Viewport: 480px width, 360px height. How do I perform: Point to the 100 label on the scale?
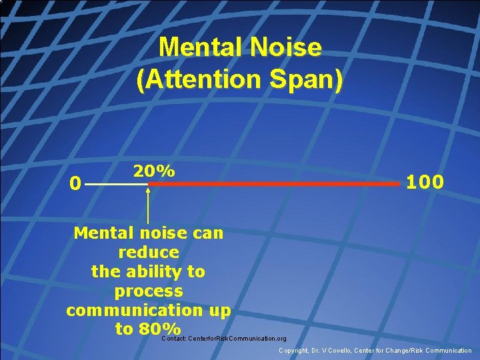[x=425, y=181]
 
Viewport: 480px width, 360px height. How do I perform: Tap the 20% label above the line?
[x=154, y=171]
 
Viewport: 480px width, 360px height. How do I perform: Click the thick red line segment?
[x=273, y=184]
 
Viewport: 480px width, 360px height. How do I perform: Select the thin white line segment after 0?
[x=117, y=184]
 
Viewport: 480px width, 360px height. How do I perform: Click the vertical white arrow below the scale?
[x=148, y=207]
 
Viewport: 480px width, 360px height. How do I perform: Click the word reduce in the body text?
[x=149, y=253]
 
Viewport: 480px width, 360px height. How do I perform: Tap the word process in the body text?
[x=149, y=291]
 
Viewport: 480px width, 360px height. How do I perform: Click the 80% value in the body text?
[x=160, y=329]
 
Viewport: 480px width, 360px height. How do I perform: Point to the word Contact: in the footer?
[x=175, y=339]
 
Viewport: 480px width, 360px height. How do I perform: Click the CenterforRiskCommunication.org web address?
[x=238, y=339]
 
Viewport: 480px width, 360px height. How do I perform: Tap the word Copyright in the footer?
[x=294, y=351]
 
